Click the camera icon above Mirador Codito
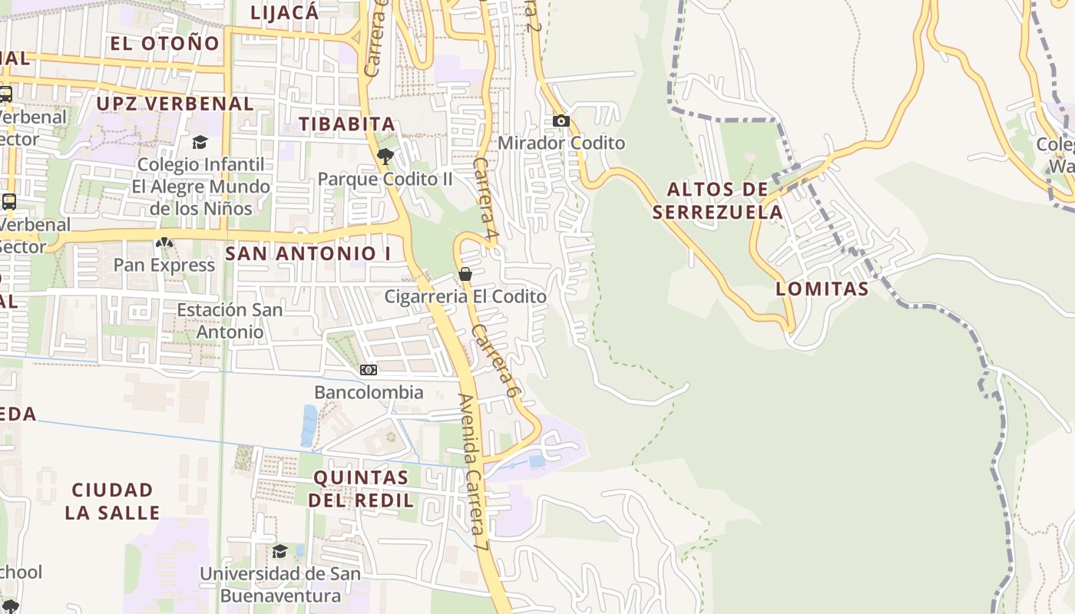(x=561, y=120)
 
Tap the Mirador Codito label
(x=561, y=144)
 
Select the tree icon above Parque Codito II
(x=385, y=157)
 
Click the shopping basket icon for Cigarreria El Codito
(x=465, y=274)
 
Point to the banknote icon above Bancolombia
(x=369, y=370)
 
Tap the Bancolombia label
(x=369, y=393)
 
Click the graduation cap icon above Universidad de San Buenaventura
(x=279, y=551)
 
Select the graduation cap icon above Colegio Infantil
(x=200, y=142)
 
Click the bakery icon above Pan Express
(x=164, y=243)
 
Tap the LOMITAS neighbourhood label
(x=822, y=289)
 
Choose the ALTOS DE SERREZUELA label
(x=718, y=201)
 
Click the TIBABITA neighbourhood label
(x=347, y=124)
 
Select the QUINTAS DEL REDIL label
(x=361, y=489)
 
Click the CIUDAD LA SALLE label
(x=113, y=501)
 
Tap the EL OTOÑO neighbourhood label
(x=165, y=44)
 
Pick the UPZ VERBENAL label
(x=175, y=104)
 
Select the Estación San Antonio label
(x=230, y=321)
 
